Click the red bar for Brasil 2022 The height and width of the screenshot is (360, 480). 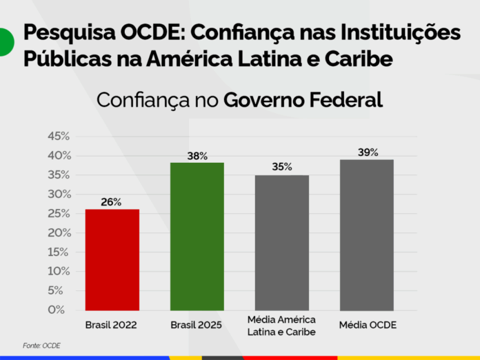(112, 259)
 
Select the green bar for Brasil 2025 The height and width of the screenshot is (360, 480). (197, 236)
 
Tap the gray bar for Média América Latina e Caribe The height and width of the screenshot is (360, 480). (282, 242)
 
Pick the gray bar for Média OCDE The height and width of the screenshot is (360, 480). (367, 234)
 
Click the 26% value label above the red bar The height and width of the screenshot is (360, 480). (111, 202)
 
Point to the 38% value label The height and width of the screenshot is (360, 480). (197, 156)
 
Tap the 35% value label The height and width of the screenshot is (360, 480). (282, 167)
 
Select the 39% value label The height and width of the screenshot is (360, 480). (368, 152)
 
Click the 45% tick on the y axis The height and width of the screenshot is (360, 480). (59, 136)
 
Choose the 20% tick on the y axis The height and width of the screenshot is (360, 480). (59, 232)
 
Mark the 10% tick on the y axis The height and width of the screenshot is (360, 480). (59, 271)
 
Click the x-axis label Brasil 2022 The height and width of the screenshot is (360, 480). (112, 325)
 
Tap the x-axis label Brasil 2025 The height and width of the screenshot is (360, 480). (197, 325)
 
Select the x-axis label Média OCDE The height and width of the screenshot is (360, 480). (368, 325)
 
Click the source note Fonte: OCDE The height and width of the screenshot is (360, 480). (41, 345)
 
